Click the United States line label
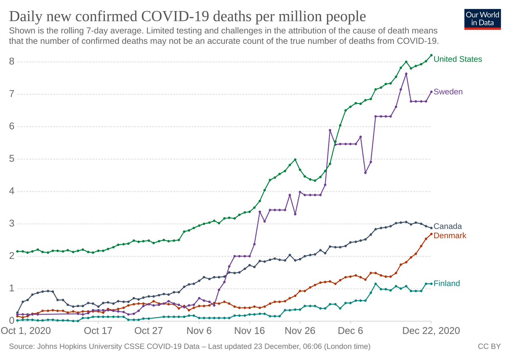(458, 59)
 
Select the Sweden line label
(448, 92)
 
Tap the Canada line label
(448, 227)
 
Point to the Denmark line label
(450, 235)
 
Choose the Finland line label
(447, 283)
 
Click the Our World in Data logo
(483, 18)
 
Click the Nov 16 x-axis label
(250, 331)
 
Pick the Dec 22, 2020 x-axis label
(431, 331)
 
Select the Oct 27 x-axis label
(149, 331)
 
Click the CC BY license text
(490, 347)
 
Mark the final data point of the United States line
(431, 55)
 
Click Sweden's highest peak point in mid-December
(406, 74)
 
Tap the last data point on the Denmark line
(431, 234)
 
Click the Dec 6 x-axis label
(351, 331)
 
